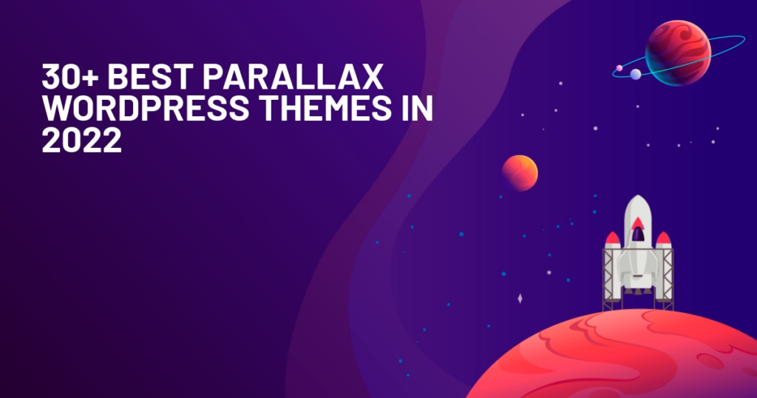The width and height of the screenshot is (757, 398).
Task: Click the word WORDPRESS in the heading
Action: [146, 108]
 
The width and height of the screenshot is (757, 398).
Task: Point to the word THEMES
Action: [326, 108]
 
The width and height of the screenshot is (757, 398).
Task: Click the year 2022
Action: [81, 140]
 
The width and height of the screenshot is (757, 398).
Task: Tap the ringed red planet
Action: [678, 53]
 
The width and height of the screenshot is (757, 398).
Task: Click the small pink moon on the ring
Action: [619, 68]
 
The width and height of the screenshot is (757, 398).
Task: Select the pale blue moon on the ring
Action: [636, 74]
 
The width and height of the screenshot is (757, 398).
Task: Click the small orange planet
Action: [520, 173]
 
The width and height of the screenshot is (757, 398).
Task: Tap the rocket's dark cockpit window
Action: [638, 235]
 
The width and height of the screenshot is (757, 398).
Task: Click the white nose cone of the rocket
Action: [638, 205]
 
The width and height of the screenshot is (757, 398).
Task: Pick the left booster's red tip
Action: [613, 238]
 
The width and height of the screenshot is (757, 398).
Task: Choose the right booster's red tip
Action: [663, 238]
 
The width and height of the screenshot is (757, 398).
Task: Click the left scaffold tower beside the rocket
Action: [608, 279]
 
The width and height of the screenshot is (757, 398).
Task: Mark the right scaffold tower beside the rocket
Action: [668, 279]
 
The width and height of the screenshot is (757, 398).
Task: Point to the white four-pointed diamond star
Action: [520, 299]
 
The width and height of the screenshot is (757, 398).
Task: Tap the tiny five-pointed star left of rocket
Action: [549, 272]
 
